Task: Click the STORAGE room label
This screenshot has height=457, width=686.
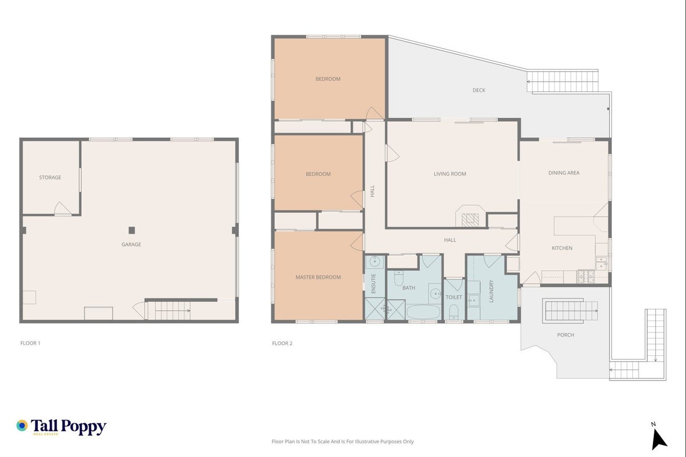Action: pos(50,177)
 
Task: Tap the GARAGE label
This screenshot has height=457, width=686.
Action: pos(131,244)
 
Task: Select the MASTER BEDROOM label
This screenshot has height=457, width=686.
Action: pos(318,277)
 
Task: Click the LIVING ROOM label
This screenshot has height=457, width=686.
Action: pos(450,174)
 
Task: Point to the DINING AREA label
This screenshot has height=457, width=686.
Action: pos(564,173)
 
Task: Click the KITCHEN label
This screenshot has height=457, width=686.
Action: pos(562,248)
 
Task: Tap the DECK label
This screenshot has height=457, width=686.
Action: pos(479,90)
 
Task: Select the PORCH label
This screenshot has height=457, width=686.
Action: pos(565,335)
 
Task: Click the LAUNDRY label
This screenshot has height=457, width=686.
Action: pos(491,291)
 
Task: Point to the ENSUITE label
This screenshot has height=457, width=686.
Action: pos(373,284)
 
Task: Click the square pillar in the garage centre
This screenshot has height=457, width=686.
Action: pos(132,230)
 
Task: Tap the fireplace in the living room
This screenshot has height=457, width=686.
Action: pos(470,217)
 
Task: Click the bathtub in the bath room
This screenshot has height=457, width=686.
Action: pos(423,312)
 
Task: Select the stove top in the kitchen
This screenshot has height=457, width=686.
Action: pos(585,276)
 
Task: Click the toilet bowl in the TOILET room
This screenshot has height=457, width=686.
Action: pos(454,311)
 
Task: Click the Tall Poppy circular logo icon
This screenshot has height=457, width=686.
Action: pos(22,426)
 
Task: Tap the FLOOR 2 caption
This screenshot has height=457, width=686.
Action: pos(282,343)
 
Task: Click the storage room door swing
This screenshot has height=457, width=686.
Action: pos(62,209)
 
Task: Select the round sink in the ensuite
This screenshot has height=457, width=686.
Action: pos(374,262)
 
